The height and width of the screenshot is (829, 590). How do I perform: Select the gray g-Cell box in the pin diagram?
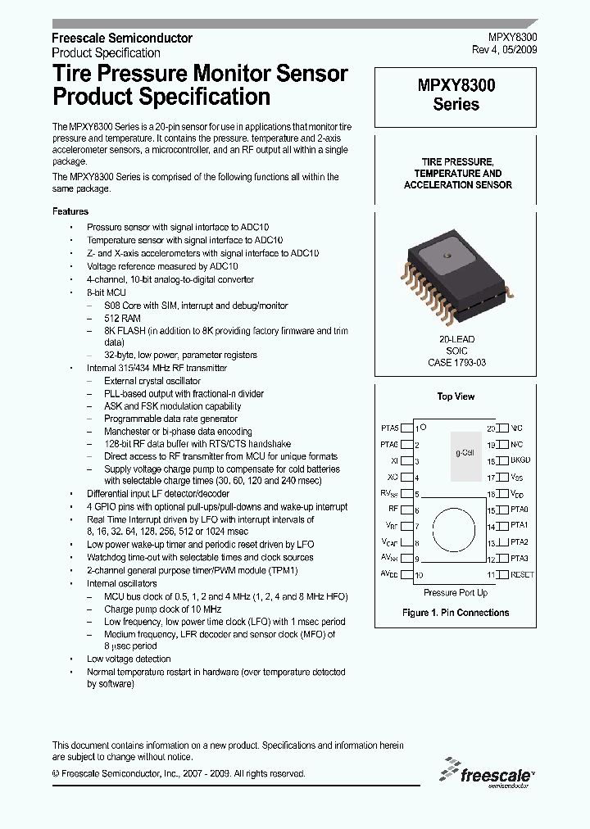click(x=467, y=452)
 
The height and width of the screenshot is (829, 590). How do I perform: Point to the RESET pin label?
click(x=522, y=575)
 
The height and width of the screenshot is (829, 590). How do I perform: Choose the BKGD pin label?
click(x=520, y=460)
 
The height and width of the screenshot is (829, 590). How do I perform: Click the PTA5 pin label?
click(x=389, y=428)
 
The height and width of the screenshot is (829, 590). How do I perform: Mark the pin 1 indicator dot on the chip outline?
click(x=424, y=428)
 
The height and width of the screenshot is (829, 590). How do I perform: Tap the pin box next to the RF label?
click(x=406, y=510)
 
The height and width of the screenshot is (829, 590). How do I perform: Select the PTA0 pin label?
click(x=519, y=510)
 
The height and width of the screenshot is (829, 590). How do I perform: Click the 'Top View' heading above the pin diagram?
click(x=456, y=396)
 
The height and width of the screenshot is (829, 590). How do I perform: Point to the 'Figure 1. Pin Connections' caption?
click(x=456, y=613)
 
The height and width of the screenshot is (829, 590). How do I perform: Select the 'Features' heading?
click(x=70, y=211)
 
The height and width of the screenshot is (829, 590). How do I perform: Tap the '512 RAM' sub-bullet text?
click(x=122, y=319)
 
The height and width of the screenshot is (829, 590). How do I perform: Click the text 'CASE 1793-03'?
click(x=456, y=362)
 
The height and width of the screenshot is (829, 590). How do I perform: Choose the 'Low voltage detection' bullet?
click(x=129, y=659)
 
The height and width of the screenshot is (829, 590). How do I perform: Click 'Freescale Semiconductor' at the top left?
click(x=122, y=39)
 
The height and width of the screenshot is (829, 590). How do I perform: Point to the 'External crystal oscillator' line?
click(x=152, y=381)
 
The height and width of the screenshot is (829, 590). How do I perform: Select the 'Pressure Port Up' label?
click(x=456, y=592)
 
